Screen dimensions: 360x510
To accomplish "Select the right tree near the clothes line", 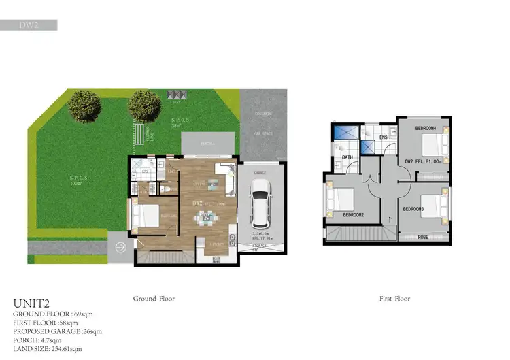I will coord(144,105).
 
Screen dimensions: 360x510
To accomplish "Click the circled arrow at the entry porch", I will coord(121,247).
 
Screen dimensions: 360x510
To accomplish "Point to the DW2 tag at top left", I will coord(29,25).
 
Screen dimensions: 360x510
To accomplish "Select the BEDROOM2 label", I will coord(354,214).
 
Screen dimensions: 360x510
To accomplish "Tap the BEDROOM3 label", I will coord(413,208).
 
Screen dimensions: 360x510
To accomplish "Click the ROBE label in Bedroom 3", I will coord(423,238).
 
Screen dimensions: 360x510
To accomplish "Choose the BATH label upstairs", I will coord(347,158).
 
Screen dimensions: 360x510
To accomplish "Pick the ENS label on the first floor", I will coord(383,137).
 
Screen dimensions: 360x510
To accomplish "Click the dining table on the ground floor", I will coord(205,218).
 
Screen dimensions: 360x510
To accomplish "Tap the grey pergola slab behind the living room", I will coord(208,144).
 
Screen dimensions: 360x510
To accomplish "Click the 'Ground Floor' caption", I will coord(155,298).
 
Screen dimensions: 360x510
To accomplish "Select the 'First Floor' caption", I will coord(394,298).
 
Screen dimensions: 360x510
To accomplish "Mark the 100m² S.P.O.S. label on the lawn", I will coord(75,180).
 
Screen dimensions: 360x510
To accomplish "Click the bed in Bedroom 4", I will coord(432,145).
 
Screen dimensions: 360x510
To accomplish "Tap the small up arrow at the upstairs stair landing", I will coord(389,219).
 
